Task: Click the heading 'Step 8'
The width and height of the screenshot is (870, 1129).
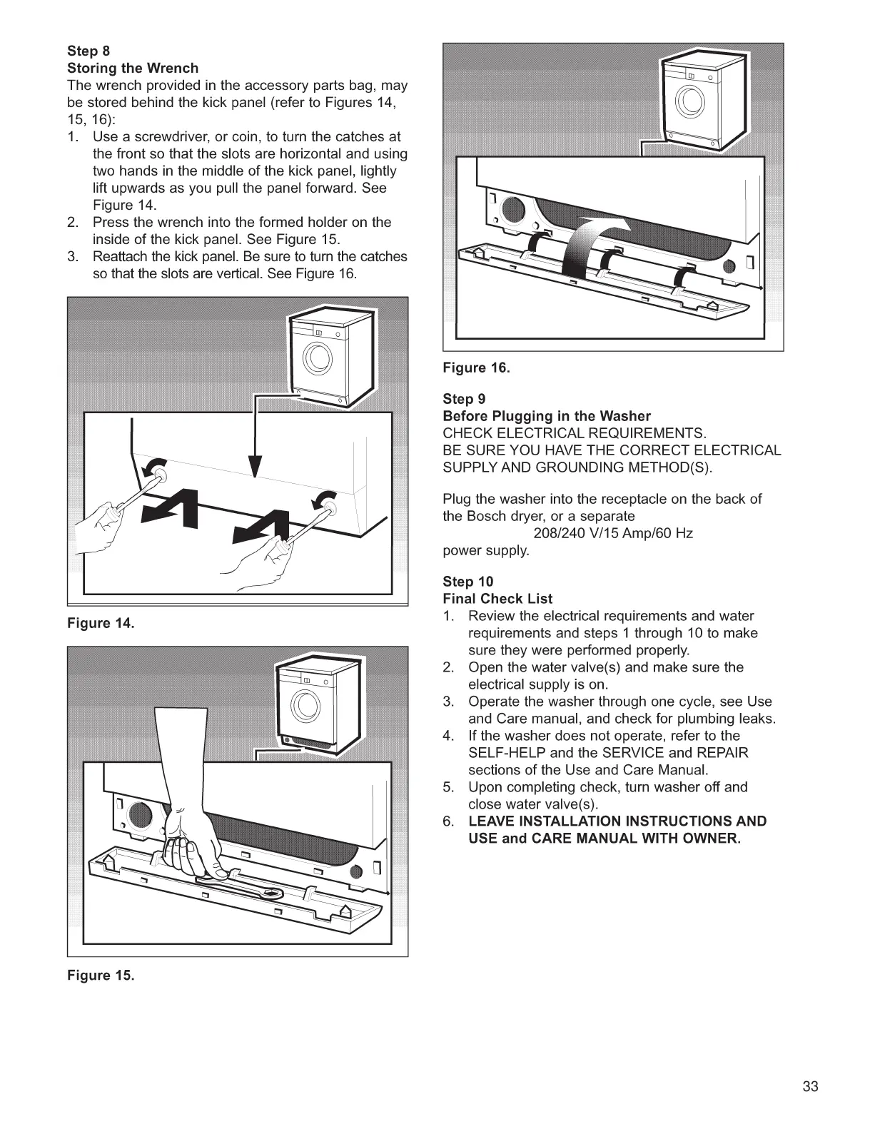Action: coord(88,51)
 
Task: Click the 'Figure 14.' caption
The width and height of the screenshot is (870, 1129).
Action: coord(101,624)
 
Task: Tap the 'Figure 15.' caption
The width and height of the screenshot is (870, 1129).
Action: coord(101,976)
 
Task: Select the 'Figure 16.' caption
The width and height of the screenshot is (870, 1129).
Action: coord(477,368)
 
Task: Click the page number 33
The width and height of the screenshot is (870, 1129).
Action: coord(810,1087)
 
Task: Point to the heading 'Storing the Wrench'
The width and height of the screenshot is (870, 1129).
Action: coord(133,69)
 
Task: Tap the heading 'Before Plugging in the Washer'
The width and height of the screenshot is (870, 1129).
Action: coord(547,416)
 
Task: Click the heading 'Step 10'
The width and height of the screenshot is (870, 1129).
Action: coord(467,582)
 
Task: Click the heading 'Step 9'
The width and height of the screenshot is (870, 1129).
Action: coord(464,399)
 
